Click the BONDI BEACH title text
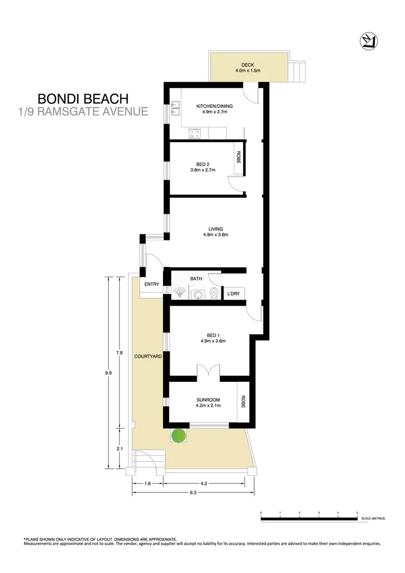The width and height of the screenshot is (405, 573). (x=83, y=99)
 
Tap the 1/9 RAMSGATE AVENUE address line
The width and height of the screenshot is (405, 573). (x=83, y=112)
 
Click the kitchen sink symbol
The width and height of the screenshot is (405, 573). (x=175, y=108)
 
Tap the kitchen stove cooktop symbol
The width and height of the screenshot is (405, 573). (x=194, y=132)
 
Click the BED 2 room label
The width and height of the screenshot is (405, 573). (x=202, y=164)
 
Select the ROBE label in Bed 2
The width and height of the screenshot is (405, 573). (x=238, y=158)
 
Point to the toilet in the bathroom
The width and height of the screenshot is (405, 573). (x=215, y=293)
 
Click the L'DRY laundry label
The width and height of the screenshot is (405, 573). (x=234, y=293)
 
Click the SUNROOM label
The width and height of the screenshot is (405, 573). (x=208, y=400)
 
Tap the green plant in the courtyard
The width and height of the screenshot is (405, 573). (x=178, y=435)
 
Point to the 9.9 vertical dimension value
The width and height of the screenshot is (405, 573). (x=109, y=372)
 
